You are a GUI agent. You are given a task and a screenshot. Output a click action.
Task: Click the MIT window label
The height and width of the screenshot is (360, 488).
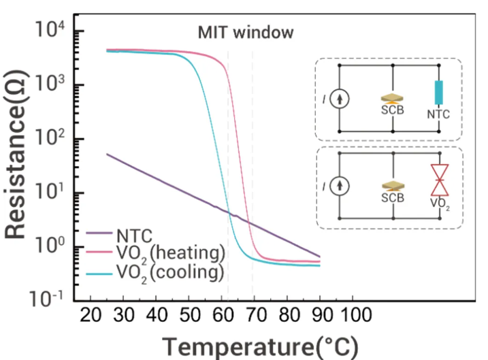(246, 33)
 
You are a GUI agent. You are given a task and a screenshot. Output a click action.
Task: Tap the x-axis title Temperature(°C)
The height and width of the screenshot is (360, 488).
(260, 347)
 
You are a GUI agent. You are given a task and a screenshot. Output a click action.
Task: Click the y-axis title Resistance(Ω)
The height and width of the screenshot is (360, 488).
(16, 154)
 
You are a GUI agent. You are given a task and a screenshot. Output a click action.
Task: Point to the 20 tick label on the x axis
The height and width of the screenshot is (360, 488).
(91, 315)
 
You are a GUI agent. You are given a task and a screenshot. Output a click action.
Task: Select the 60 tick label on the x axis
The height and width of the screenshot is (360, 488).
(223, 315)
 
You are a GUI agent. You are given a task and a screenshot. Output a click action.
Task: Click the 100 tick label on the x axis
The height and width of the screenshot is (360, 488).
(357, 315)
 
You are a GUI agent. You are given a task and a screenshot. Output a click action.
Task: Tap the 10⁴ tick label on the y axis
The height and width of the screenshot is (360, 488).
(50, 29)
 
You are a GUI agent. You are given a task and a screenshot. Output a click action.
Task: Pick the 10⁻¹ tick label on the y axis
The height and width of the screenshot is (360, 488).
(46, 299)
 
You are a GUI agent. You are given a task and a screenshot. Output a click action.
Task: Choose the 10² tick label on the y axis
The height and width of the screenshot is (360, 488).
(50, 137)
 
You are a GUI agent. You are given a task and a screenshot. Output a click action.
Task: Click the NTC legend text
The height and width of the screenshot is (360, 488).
(135, 236)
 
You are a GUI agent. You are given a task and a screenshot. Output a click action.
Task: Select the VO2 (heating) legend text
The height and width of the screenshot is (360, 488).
(171, 254)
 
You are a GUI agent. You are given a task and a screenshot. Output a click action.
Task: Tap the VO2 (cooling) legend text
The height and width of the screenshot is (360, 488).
(170, 273)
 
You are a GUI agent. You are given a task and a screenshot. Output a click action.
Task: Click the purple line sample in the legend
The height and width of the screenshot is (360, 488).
(99, 233)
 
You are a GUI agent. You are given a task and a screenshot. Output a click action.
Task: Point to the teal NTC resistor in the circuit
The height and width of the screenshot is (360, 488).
(438, 93)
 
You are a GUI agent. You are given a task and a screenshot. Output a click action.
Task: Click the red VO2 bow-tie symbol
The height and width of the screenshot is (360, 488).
(440, 180)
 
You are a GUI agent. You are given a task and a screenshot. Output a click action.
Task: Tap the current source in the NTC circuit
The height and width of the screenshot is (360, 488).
(340, 99)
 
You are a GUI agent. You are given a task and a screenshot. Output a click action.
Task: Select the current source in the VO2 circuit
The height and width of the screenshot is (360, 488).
(340, 186)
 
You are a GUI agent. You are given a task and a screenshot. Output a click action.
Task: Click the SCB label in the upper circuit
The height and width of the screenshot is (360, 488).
(393, 110)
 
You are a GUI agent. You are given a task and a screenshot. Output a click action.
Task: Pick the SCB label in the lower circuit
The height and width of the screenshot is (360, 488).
(393, 197)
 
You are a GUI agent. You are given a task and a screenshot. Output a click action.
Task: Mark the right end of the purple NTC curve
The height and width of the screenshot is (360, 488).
(320, 257)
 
